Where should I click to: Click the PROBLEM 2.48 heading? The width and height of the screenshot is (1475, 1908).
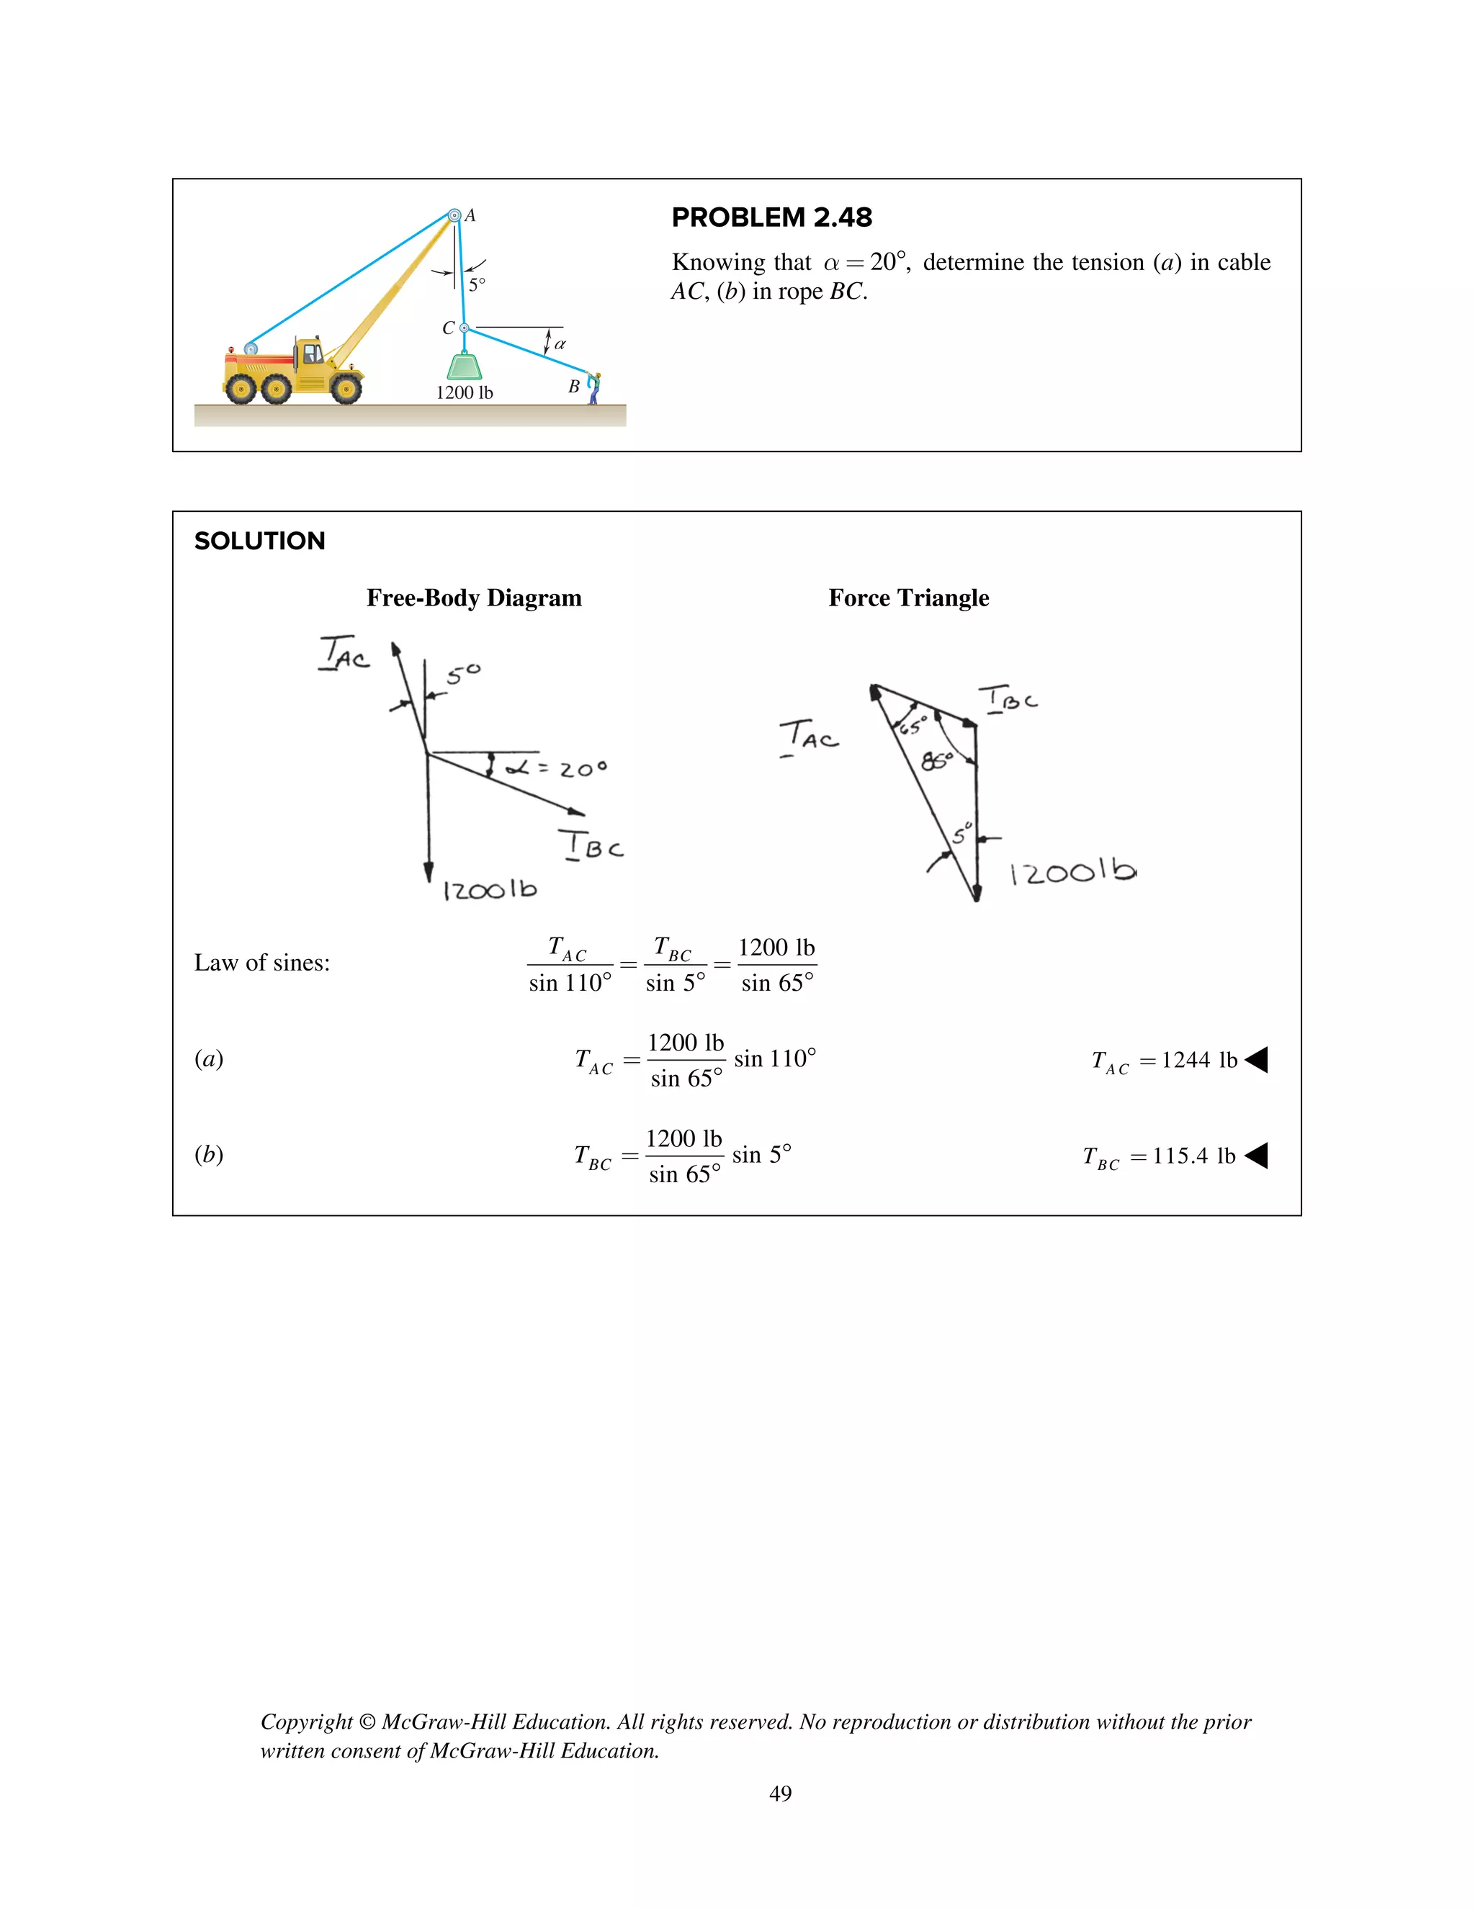coord(771,217)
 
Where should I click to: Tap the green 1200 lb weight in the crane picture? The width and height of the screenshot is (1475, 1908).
coord(464,366)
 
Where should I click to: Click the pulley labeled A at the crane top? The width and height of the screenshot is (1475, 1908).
coord(454,215)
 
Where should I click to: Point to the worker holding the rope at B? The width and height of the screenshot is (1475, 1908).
coord(594,388)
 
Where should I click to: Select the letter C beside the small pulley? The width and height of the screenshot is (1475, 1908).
coord(448,328)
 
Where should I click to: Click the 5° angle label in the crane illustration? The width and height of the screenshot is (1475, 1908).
coord(476,285)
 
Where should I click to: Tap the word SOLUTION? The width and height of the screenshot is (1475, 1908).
coord(259,541)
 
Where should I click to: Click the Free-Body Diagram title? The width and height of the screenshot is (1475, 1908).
coord(474,598)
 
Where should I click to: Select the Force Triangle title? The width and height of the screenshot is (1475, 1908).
coord(909,598)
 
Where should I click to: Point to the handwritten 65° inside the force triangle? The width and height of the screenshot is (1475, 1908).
coord(913,725)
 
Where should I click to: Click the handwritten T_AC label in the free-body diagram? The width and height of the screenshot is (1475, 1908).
coord(344,654)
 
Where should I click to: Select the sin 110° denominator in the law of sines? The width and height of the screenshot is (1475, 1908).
coord(570,984)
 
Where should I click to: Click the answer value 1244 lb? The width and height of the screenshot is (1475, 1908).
coord(1199,1061)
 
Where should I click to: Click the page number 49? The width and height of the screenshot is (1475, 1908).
coord(780,1794)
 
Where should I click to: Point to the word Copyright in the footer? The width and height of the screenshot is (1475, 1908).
coord(306,1722)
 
